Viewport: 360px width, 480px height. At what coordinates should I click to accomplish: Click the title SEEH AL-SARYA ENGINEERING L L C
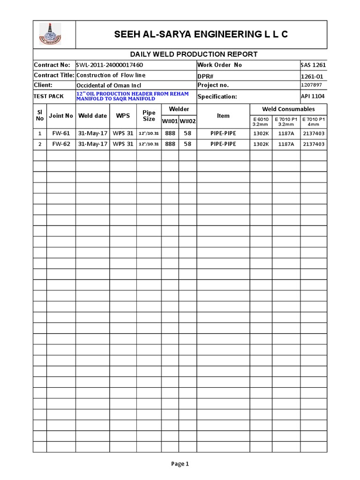click(x=201, y=34)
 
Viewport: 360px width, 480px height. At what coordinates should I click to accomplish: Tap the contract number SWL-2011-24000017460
click(x=110, y=65)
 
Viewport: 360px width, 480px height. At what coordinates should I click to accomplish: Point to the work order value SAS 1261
click(x=313, y=65)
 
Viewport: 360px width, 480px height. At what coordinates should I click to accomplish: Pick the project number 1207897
click(x=311, y=85)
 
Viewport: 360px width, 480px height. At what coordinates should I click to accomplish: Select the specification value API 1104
click(x=313, y=96)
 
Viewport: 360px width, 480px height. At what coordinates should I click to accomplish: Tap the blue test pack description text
click(x=132, y=96)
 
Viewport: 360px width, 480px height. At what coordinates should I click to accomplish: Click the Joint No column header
click(x=61, y=116)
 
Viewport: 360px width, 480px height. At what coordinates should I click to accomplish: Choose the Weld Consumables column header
click(x=288, y=109)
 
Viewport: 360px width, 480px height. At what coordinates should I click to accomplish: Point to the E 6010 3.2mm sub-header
click(x=261, y=121)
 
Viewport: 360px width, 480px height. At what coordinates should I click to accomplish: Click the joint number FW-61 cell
click(x=61, y=134)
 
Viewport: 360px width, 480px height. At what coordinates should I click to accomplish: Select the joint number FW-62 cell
click(x=61, y=144)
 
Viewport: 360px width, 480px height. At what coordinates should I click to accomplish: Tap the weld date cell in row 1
click(x=92, y=134)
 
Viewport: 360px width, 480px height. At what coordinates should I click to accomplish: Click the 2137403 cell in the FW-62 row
click(x=314, y=144)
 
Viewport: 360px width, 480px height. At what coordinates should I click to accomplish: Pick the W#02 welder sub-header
click(x=187, y=122)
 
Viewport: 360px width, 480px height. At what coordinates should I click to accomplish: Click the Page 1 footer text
click(x=180, y=464)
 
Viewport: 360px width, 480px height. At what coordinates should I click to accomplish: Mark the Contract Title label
click(x=54, y=75)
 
